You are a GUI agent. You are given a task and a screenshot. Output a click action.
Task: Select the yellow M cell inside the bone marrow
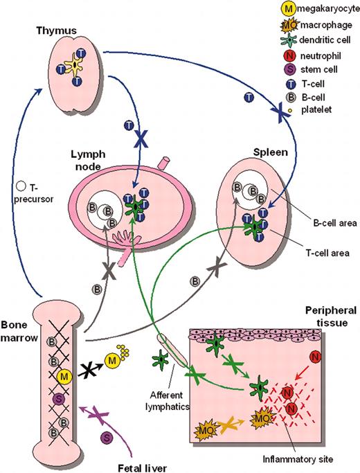(x=64, y=376)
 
